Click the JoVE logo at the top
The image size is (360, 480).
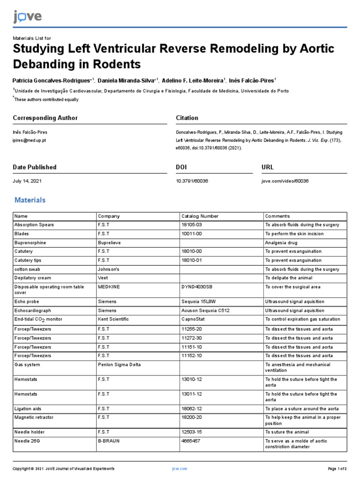coord(27,17)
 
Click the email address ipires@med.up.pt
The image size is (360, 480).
coord(30,140)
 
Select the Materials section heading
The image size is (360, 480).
coord(30,200)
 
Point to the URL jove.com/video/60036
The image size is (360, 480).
coord(285,181)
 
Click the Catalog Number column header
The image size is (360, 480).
coord(200,216)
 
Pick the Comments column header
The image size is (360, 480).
coord(277,216)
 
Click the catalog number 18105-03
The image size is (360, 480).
coord(192,225)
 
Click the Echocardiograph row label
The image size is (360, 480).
coord(33,310)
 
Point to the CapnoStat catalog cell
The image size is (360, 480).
coord(192,320)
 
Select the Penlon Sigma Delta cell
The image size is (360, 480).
coord(119,365)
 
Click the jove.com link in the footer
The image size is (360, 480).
coord(180,469)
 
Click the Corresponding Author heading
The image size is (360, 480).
coord(45,118)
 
